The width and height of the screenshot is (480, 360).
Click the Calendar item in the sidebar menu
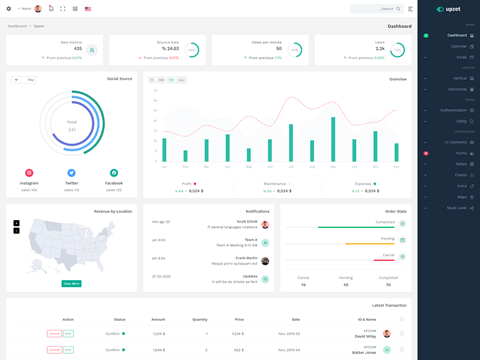pyautogui.click(x=458, y=46)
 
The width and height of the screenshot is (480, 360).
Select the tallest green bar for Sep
pyautogui.click(x=333, y=139)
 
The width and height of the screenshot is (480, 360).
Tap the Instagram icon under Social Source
pyautogui.click(x=29, y=173)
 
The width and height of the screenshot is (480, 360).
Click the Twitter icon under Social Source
pyautogui.click(x=71, y=173)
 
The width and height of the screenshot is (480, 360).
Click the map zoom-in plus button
pyautogui.click(x=16, y=223)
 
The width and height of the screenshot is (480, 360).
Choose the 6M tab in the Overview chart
pyautogui.click(x=161, y=80)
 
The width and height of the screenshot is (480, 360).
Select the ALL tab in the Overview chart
pyautogui.click(x=181, y=80)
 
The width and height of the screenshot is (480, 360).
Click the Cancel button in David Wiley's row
pyautogui.click(x=54, y=334)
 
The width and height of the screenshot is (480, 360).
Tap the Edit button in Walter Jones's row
pyautogui.click(x=68, y=350)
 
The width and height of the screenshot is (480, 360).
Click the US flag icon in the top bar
pyautogui.click(x=88, y=9)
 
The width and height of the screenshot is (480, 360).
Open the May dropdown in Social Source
pyautogui.click(x=23, y=79)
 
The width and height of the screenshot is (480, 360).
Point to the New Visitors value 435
pyautogui.click(x=78, y=49)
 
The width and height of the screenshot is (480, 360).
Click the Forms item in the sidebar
pyautogui.click(x=461, y=153)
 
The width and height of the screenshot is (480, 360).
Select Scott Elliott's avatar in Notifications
pyautogui.click(x=265, y=224)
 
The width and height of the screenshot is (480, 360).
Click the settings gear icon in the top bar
pyautogui.click(x=8, y=9)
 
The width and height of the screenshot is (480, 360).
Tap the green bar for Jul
pyautogui.click(x=291, y=143)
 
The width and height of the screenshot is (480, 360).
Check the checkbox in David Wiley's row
pyautogui.click(x=401, y=334)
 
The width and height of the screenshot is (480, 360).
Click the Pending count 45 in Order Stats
pyautogui.click(x=346, y=285)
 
